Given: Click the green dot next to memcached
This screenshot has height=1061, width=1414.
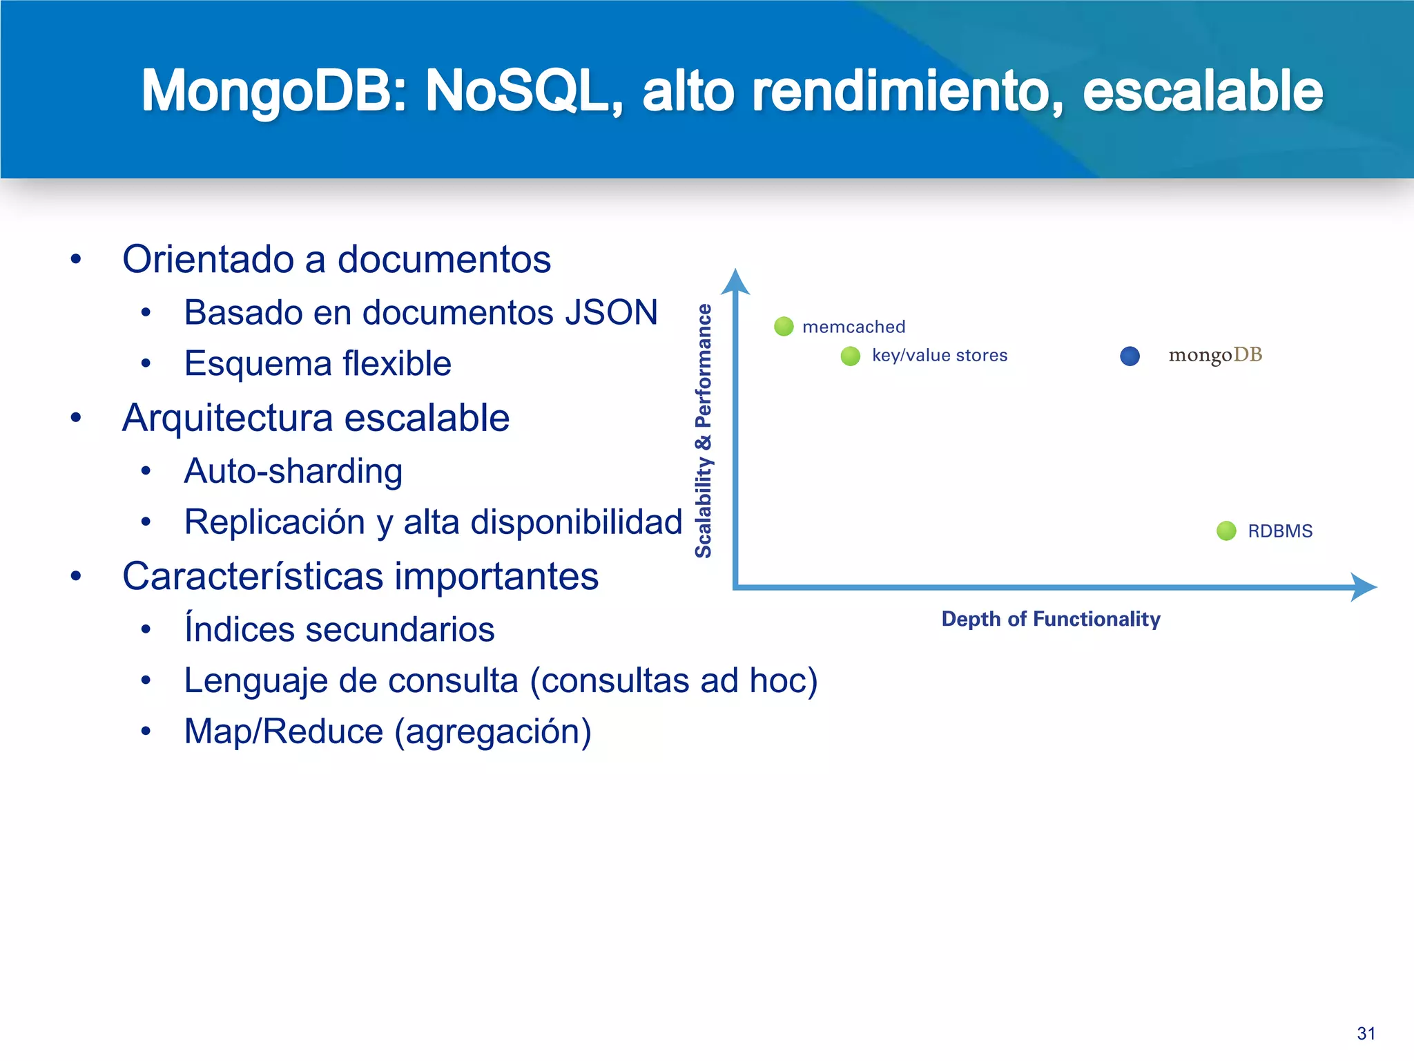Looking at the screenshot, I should click(784, 326).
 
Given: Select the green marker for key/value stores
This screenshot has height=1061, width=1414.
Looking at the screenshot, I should click(850, 356).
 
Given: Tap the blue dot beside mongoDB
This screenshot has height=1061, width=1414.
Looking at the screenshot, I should click(1130, 356).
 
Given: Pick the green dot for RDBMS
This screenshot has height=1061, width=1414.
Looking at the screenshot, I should click(1226, 530).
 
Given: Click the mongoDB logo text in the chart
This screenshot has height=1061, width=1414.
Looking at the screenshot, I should click(1215, 355).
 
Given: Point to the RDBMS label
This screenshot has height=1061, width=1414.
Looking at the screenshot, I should click(1280, 531).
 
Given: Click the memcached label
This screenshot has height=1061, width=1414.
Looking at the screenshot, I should click(853, 327).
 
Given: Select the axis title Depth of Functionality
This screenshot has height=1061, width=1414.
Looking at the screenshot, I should click(1051, 619).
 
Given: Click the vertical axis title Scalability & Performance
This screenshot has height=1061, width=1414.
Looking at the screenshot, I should click(703, 430).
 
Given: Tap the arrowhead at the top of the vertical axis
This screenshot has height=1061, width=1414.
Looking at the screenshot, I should click(735, 282).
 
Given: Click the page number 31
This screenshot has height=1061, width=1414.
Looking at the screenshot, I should click(1366, 1033).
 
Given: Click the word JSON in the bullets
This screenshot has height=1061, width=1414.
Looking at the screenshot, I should click(611, 312).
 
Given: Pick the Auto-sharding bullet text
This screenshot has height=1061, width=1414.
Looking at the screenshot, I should click(293, 471).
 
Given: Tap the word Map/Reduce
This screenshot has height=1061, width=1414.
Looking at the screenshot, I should click(284, 731).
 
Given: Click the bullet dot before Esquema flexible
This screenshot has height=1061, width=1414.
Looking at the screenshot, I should click(146, 363).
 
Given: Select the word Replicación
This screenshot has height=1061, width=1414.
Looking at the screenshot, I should click(275, 522).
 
